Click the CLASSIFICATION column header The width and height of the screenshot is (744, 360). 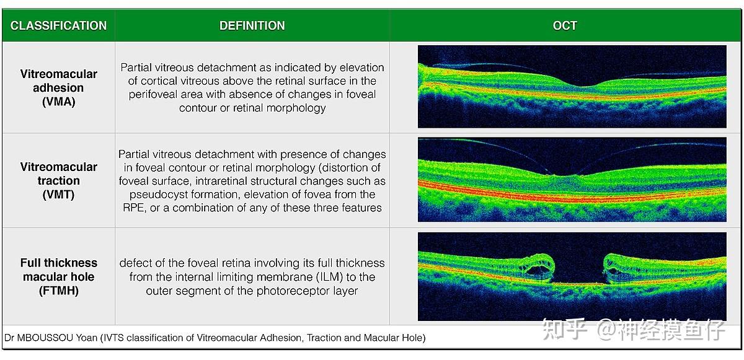click(x=58, y=25)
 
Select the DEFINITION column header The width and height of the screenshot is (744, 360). click(x=252, y=25)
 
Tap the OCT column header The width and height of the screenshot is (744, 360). click(x=565, y=25)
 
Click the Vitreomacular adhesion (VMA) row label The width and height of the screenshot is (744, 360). click(x=59, y=87)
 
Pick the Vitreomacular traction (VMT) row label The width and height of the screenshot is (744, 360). click(x=59, y=180)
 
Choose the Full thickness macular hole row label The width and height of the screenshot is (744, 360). click(x=59, y=276)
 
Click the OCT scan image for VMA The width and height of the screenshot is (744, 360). click(x=572, y=86)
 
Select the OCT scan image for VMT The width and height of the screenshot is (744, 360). click(x=572, y=180)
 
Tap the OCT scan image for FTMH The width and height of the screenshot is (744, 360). click(x=572, y=276)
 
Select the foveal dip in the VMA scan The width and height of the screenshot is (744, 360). click(x=577, y=83)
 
